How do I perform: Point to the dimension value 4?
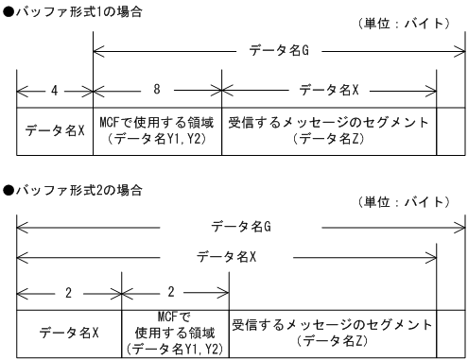[55, 92]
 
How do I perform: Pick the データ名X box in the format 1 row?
[55, 131]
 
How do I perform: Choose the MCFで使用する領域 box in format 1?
[157, 131]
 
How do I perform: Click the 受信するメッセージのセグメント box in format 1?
[329, 131]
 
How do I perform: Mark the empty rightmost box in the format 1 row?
[451, 131]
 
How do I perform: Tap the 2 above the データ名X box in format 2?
[69, 292]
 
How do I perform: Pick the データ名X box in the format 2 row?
[69, 333]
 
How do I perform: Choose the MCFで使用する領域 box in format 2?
[176, 332]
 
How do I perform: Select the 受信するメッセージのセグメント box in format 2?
[333, 332]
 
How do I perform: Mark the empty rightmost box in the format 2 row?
[451, 332]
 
